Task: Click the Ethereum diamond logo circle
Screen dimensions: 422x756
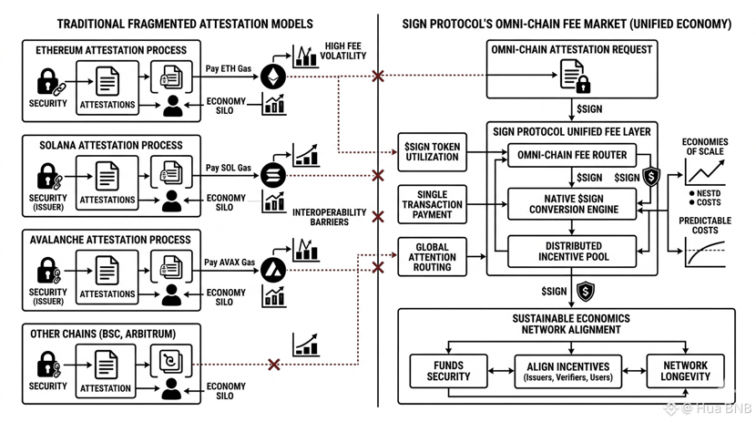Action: click(x=273, y=77)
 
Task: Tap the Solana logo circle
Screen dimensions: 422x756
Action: click(x=273, y=174)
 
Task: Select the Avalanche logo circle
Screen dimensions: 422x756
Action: click(x=273, y=269)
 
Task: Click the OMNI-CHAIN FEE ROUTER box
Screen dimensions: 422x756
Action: click(x=571, y=155)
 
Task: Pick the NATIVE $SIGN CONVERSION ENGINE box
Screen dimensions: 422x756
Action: click(x=573, y=203)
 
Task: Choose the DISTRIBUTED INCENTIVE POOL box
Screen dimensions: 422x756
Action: click(x=573, y=252)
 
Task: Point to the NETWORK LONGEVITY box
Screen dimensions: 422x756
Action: click(x=685, y=371)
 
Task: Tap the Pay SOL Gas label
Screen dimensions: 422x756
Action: click(x=228, y=168)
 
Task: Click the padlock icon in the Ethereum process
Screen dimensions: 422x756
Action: click(x=47, y=82)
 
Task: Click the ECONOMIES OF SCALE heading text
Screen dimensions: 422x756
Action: click(x=706, y=146)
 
